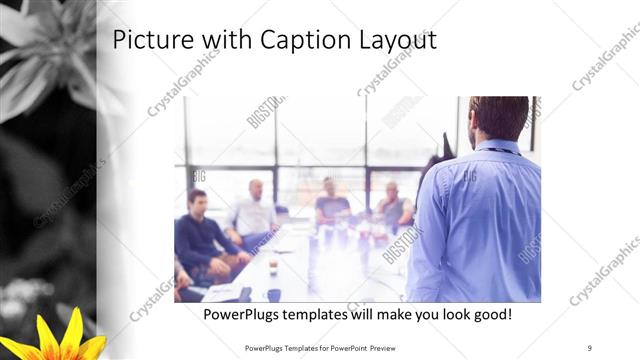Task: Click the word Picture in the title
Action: [147, 40]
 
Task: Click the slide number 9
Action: [589, 347]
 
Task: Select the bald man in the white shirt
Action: [253, 211]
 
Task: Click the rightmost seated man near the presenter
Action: [394, 205]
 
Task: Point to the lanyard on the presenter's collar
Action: [500, 150]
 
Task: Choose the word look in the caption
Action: [442, 314]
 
